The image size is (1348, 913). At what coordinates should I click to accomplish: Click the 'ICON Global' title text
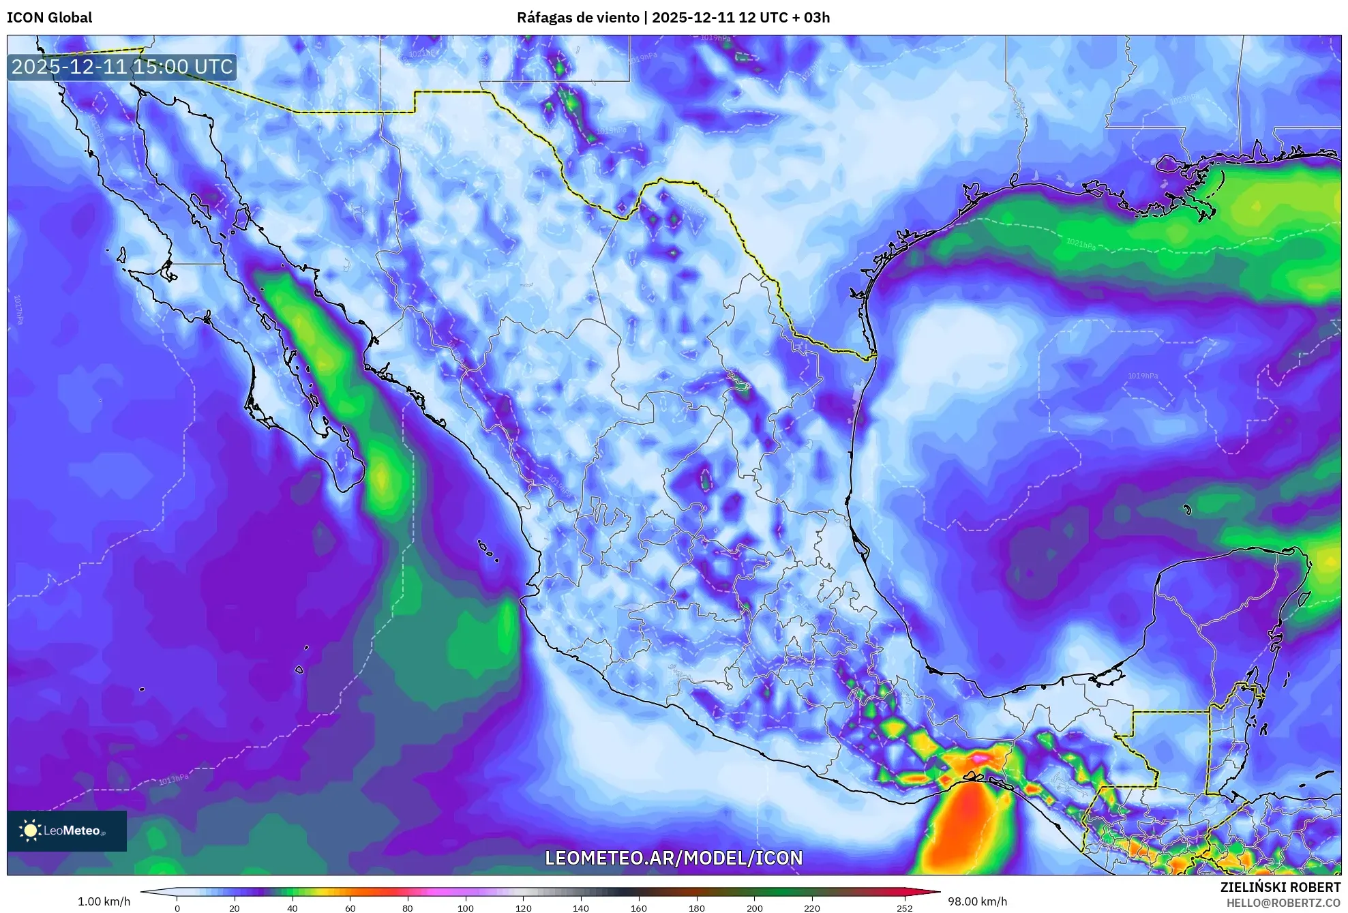click(x=49, y=17)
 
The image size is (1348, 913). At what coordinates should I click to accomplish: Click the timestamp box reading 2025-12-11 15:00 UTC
click(x=122, y=67)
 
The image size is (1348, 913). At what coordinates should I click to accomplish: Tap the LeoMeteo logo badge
click(x=66, y=830)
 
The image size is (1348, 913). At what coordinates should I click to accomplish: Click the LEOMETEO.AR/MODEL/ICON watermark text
click(x=674, y=858)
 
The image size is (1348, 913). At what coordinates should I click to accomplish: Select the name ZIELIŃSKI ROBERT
click(x=1280, y=887)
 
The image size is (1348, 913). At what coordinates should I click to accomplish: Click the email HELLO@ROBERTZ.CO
click(x=1283, y=903)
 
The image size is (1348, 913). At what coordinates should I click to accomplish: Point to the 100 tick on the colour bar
click(x=465, y=908)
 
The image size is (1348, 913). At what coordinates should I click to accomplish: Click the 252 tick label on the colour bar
click(x=904, y=908)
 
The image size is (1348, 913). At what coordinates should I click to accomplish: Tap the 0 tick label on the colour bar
click(x=177, y=908)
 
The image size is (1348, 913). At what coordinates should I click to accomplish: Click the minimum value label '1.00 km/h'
click(x=104, y=901)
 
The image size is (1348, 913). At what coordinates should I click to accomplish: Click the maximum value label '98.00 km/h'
click(x=977, y=901)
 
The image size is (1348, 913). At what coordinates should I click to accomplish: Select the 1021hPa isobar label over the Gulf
click(x=1081, y=243)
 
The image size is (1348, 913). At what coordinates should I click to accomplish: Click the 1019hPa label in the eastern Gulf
click(x=1143, y=376)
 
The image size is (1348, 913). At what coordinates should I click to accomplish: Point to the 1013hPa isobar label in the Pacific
click(x=173, y=779)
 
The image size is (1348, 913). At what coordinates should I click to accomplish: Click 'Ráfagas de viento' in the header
click(x=577, y=17)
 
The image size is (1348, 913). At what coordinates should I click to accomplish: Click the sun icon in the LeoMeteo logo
click(x=30, y=830)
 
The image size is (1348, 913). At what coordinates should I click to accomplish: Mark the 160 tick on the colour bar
click(x=639, y=908)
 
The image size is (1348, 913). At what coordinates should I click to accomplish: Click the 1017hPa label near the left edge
click(x=18, y=310)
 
